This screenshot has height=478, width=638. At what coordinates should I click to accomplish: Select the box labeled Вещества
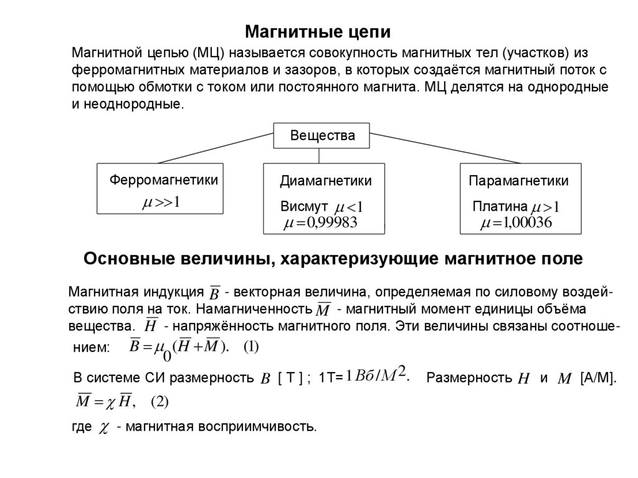click(x=321, y=136)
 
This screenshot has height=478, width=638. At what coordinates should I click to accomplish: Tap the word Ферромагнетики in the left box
click(x=164, y=180)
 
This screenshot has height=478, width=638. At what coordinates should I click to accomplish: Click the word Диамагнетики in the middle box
click(x=325, y=181)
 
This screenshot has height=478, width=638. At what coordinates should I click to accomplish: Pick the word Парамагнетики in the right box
click(x=518, y=181)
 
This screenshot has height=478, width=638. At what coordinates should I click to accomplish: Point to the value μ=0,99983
click(x=320, y=223)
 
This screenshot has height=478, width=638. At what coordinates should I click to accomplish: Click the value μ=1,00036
click(x=516, y=223)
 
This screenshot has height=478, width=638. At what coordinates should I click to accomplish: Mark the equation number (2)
click(x=160, y=402)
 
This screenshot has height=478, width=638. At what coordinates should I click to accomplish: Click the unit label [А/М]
click(x=598, y=378)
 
